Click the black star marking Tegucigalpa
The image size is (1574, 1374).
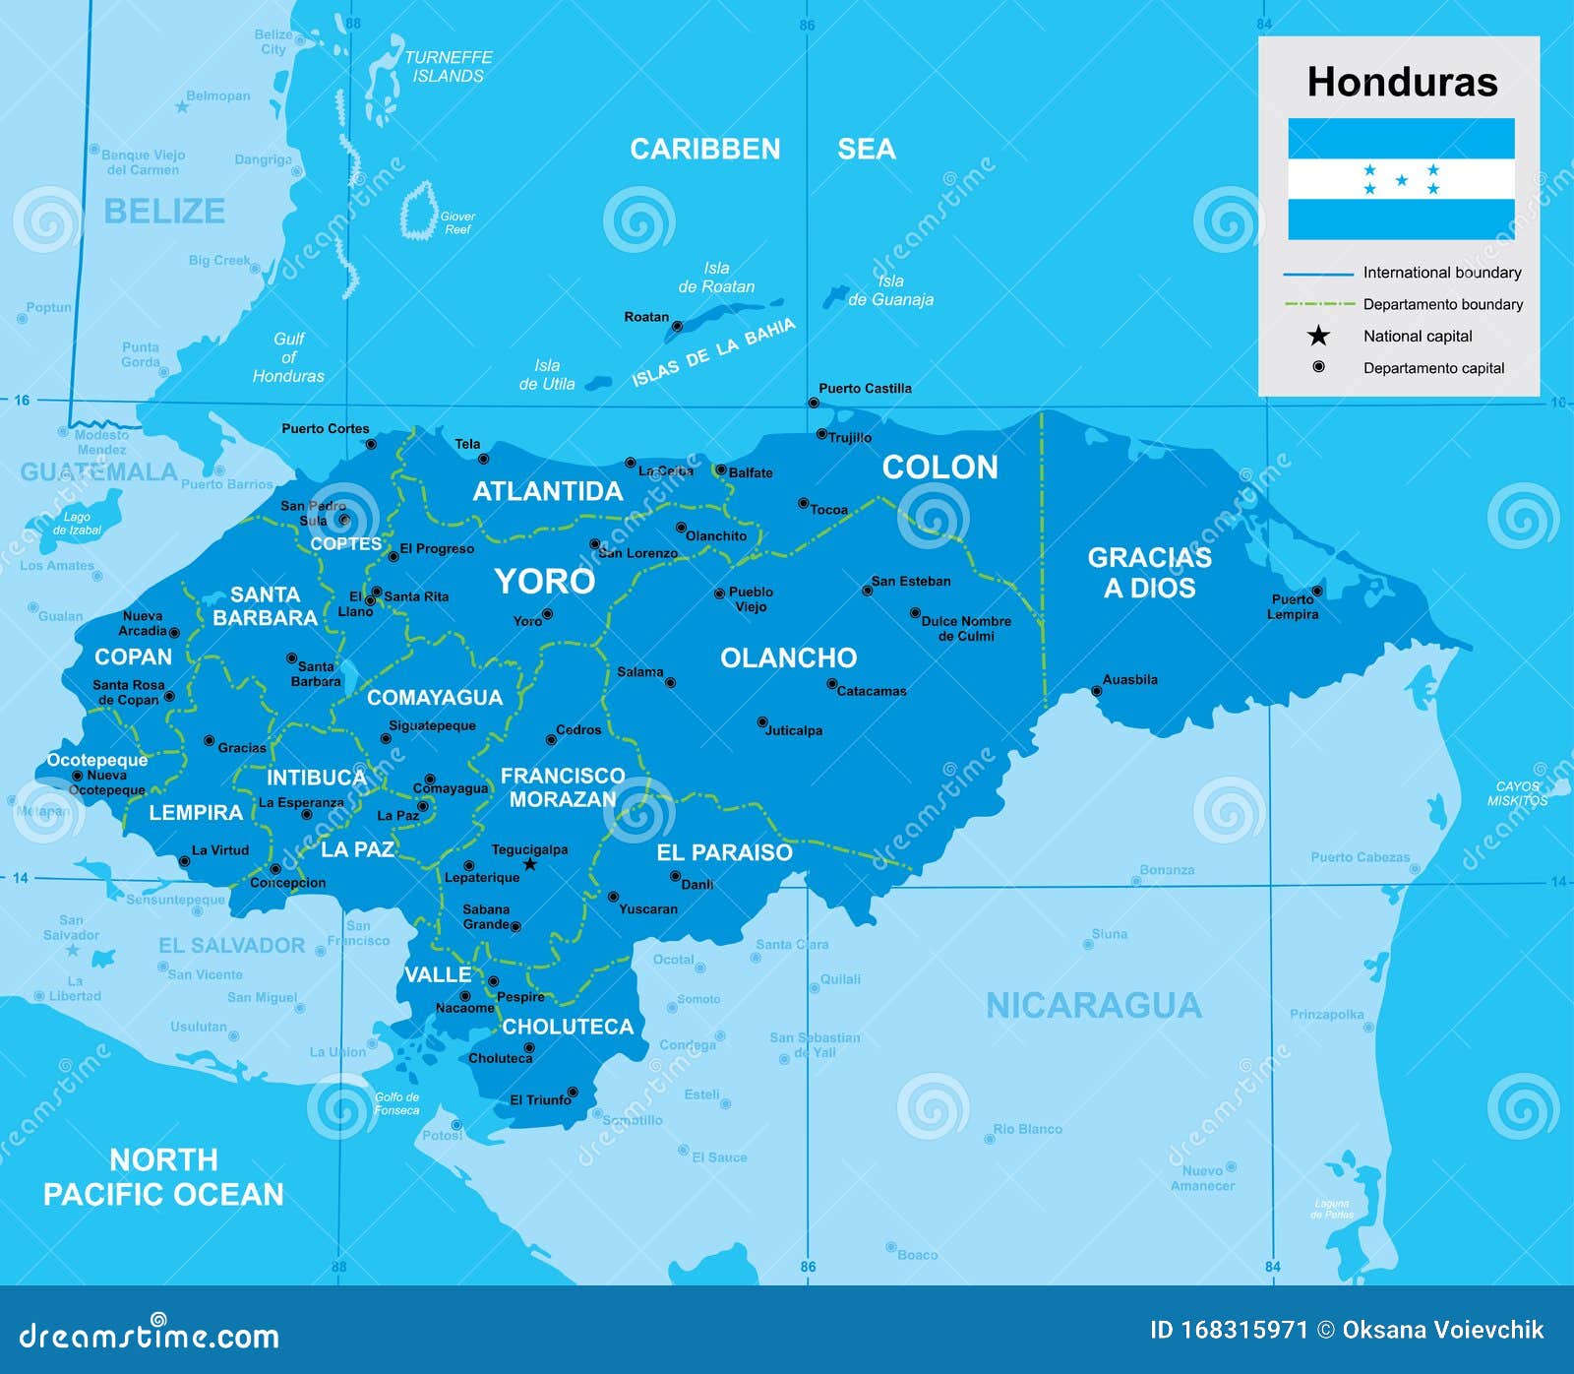(530, 864)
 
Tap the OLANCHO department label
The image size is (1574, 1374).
(788, 657)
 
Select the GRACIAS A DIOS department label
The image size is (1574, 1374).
(1149, 572)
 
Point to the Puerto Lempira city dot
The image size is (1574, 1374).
(1317, 591)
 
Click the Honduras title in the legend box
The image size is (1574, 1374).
(1401, 82)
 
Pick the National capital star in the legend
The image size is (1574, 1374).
(1318, 337)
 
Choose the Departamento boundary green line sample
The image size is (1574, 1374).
(1319, 304)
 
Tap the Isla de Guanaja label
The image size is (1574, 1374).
(890, 290)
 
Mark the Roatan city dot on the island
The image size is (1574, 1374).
(677, 326)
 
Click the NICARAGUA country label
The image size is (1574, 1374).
(1093, 1005)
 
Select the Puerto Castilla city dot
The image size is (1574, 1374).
(814, 403)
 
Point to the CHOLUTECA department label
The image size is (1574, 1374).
(568, 1027)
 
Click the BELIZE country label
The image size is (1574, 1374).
(164, 211)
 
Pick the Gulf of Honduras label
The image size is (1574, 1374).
(287, 357)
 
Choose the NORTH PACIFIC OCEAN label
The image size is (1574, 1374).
(163, 1176)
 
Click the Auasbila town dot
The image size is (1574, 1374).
(1097, 691)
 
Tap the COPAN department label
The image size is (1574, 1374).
(133, 656)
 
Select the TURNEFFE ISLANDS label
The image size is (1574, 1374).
(448, 66)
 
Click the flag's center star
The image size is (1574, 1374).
(1401, 180)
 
